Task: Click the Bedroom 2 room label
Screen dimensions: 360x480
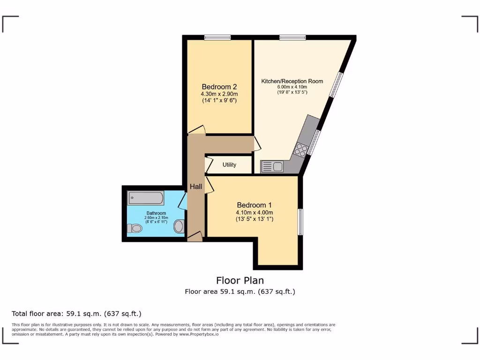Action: pos(219,87)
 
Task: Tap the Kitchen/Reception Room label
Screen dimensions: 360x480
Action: pos(292,81)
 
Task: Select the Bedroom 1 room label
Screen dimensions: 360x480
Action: pos(254,205)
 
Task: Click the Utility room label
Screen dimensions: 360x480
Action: pos(230,165)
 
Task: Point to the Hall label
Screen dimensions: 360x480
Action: pos(196,187)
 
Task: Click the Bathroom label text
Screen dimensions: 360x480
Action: pos(156,213)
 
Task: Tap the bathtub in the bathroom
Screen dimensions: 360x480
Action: pos(146,198)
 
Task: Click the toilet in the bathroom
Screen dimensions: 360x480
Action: pos(135,228)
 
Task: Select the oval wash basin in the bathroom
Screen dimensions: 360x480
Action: pos(179,227)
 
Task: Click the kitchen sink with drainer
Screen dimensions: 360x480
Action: pos(272,166)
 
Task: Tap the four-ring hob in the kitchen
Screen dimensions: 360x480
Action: pos(301,150)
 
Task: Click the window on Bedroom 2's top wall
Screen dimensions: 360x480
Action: pos(217,37)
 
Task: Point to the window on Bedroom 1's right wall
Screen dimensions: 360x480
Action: pos(300,222)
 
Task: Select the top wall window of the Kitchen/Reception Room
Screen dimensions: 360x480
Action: pos(292,37)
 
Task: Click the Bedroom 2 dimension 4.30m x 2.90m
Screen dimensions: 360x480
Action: pos(219,94)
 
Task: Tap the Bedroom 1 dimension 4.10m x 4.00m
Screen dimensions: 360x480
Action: pos(254,212)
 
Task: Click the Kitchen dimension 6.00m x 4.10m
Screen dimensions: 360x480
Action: pos(292,87)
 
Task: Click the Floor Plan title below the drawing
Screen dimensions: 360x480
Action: pos(240,280)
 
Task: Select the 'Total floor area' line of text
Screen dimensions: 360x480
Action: pos(76,314)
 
